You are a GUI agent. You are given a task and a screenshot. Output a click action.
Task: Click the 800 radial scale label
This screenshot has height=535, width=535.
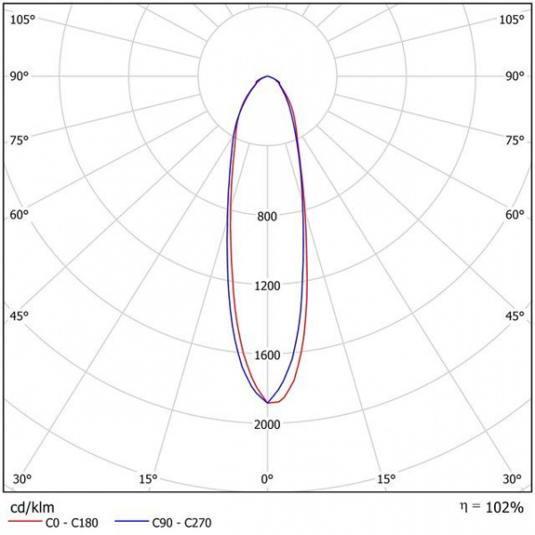pyautogui.click(x=267, y=217)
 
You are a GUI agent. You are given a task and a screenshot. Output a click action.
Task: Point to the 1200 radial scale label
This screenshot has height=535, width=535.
pyautogui.click(x=267, y=286)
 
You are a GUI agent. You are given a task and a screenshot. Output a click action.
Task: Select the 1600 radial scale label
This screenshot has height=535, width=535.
pyautogui.click(x=267, y=355)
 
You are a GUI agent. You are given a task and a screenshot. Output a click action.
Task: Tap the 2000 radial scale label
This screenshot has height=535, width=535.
pyautogui.click(x=267, y=424)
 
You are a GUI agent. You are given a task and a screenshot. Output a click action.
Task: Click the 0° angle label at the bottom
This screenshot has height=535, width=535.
pyautogui.click(x=267, y=480)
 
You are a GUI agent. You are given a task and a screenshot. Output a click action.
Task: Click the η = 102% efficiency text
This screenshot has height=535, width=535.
pyautogui.click(x=492, y=507)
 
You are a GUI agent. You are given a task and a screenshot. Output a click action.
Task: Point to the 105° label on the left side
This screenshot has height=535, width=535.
pyautogui.click(x=22, y=20)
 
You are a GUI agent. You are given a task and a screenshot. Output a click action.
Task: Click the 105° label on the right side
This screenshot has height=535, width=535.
pyautogui.click(x=512, y=20)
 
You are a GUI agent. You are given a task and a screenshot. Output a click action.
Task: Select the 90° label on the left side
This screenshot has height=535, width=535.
pyautogui.click(x=20, y=76)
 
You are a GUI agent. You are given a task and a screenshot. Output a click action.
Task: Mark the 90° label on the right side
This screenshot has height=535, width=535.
pyautogui.click(x=514, y=76)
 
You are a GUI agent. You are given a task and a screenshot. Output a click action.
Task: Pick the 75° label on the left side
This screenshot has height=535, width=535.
pyautogui.click(x=20, y=140)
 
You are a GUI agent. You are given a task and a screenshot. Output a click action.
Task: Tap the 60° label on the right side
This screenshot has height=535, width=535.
pyautogui.click(x=514, y=214)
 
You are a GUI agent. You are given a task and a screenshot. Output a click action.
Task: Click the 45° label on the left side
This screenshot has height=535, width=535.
pyautogui.click(x=20, y=316)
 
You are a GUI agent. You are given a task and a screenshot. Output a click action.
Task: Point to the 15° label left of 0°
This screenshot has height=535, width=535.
pyautogui.click(x=148, y=480)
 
